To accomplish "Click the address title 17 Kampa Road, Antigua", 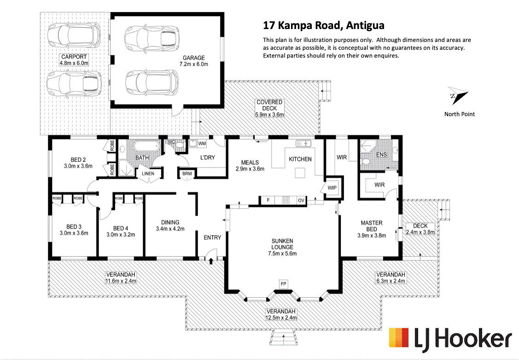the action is pyautogui.click(x=323, y=25).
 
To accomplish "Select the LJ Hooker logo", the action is pyautogui.click(x=450, y=339).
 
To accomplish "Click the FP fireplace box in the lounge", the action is pyautogui.click(x=283, y=284).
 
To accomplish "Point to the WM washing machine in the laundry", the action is pyautogui.click(x=202, y=143).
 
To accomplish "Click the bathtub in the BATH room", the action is pyautogui.click(x=146, y=147).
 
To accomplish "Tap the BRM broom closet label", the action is pyautogui.click(x=187, y=173).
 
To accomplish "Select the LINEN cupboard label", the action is pyautogui.click(x=148, y=173).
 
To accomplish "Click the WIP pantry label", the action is pyautogui.click(x=332, y=188).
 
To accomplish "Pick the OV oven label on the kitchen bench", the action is pyautogui.click(x=301, y=201).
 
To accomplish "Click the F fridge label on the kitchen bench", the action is pyautogui.click(x=268, y=200).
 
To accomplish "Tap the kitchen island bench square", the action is pyautogui.click(x=300, y=173).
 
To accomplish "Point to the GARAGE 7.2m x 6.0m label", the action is pyautogui.click(x=193, y=61).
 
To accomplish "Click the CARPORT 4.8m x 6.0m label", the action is pyautogui.click(x=74, y=60).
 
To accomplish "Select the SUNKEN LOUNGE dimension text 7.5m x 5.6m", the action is pyautogui.click(x=282, y=254).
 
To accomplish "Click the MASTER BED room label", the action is pyautogui.click(x=371, y=226).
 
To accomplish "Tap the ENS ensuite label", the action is pyautogui.click(x=382, y=155).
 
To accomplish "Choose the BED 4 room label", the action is pyautogui.click(x=121, y=228).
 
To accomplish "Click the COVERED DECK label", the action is pyautogui.click(x=269, y=105).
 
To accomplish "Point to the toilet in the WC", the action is pyautogui.click(x=180, y=144).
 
